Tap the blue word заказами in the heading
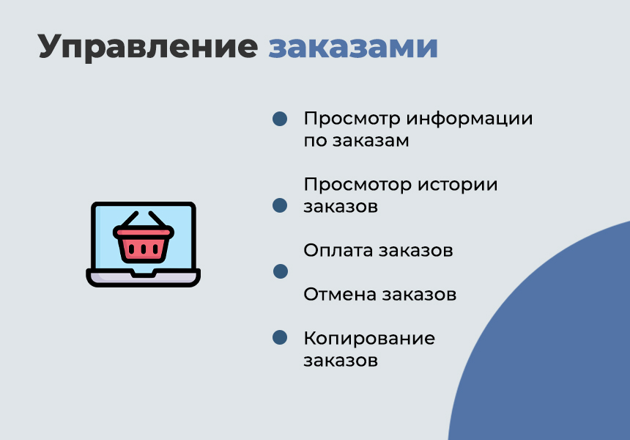click(x=353, y=47)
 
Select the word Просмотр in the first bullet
click(x=351, y=119)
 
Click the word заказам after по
click(x=371, y=141)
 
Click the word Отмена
click(x=339, y=294)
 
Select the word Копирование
click(x=369, y=338)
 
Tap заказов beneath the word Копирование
click(x=341, y=361)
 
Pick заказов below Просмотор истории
click(x=341, y=207)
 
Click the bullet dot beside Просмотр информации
click(x=280, y=120)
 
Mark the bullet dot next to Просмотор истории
click(x=280, y=205)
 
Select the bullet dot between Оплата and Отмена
click(x=280, y=271)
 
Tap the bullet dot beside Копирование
click(x=280, y=337)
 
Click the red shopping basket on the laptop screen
click(x=144, y=239)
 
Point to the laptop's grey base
click(x=144, y=277)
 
